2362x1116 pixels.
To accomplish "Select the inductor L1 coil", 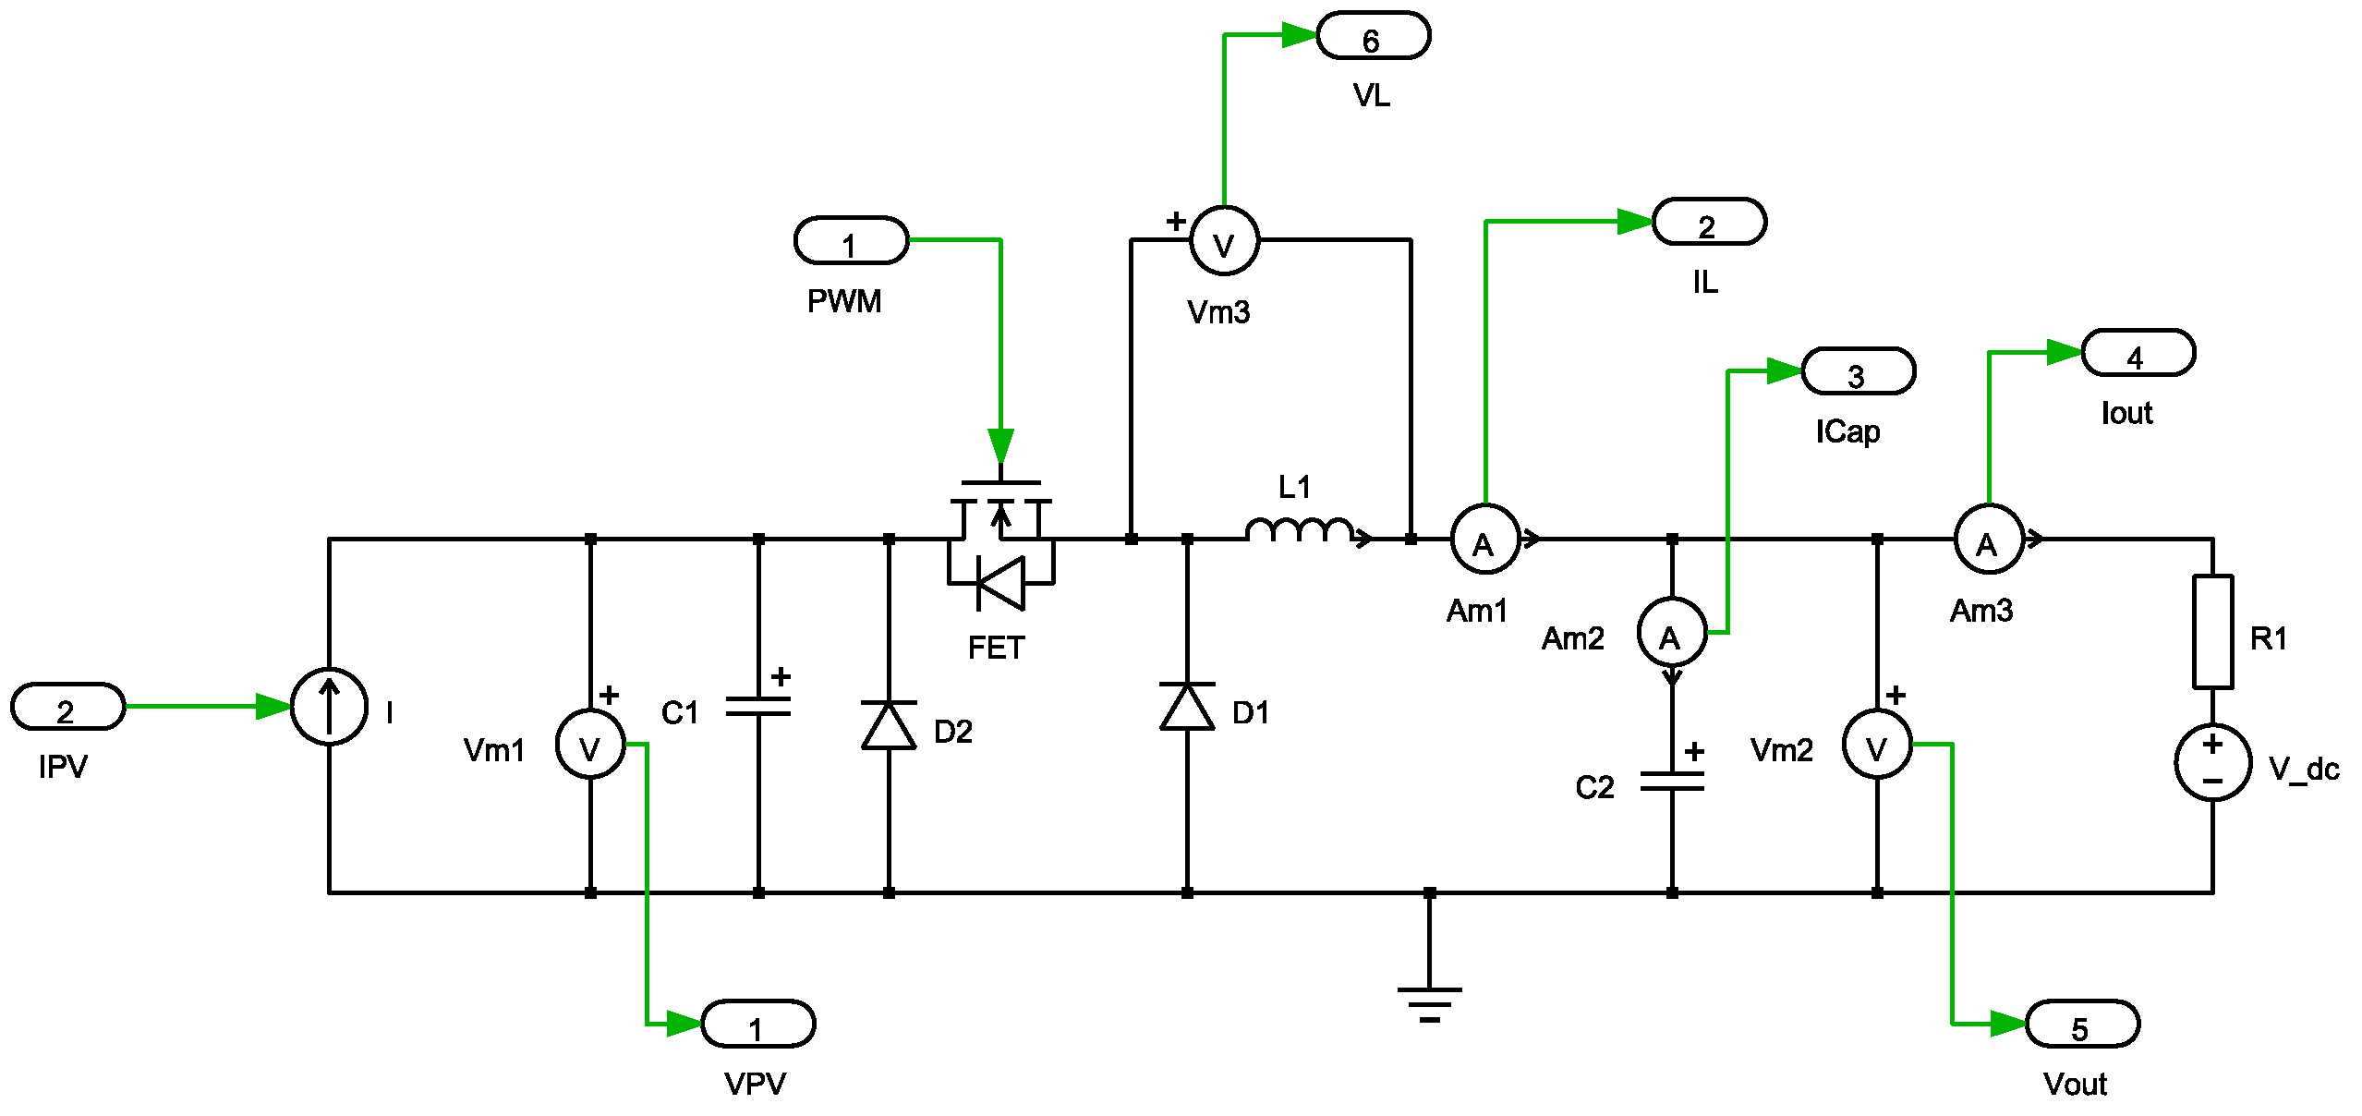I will click(x=1301, y=530).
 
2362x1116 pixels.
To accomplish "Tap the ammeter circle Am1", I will click(x=1484, y=540).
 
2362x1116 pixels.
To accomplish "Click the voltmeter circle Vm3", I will click(x=1224, y=242).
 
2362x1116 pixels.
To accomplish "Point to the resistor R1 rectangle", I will click(x=2212, y=632).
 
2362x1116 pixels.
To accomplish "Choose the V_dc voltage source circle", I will click(x=2212, y=762).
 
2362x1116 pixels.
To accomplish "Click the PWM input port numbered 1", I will click(x=851, y=241).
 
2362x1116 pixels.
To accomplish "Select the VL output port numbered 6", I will click(x=1373, y=37).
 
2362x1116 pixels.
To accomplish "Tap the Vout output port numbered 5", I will click(x=2082, y=1024).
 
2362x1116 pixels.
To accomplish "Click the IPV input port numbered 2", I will click(x=67, y=707).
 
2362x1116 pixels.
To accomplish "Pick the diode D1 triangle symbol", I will click(x=1187, y=707).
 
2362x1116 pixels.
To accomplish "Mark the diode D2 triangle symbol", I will click(x=889, y=725).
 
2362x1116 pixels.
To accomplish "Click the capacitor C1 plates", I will click(x=758, y=707).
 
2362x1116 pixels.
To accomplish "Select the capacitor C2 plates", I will click(x=1672, y=782).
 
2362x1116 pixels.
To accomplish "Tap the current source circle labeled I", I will click(x=329, y=707).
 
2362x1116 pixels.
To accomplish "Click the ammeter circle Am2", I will click(x=1672, y=633).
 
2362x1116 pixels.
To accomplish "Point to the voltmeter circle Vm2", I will click(x=1877, y=745).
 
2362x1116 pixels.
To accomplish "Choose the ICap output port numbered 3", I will click(x=1858, y=371).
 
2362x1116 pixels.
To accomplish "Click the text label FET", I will click(x=996, y=648).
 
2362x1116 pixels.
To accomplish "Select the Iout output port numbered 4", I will click(x=2138, y=353).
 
